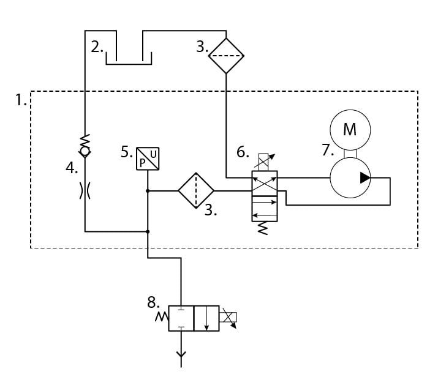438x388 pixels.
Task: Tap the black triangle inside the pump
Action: [x=365, y=178]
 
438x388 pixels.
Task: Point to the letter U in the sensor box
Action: [x=153, y=154]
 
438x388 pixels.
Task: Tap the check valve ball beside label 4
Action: [x=85, y=151]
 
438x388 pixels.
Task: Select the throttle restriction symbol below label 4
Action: [x=85, y=191]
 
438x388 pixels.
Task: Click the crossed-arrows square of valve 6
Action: [x=265, y=184]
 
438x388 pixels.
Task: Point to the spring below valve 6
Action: [x=263, y=228]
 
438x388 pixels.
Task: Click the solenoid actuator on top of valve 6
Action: [x=263, y=162]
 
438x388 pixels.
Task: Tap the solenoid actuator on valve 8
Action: [x=228, y=318]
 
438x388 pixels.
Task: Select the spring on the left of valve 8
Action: [x=162, y=317]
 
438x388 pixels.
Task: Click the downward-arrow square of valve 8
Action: [x=206, y=318]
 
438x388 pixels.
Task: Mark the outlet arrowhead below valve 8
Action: [x=181, y=356]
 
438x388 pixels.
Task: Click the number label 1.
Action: [x=21, y=100]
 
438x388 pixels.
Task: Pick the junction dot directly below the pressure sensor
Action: [x=148, y=191]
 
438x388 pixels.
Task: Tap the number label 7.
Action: [x=328, y=150]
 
